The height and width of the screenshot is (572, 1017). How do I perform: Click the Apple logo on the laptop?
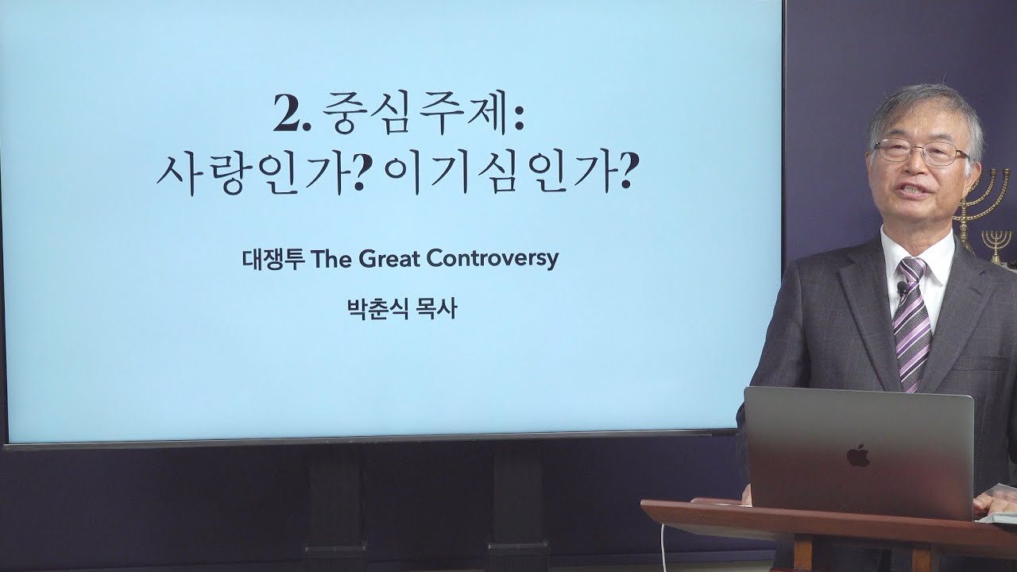coord(857,456)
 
